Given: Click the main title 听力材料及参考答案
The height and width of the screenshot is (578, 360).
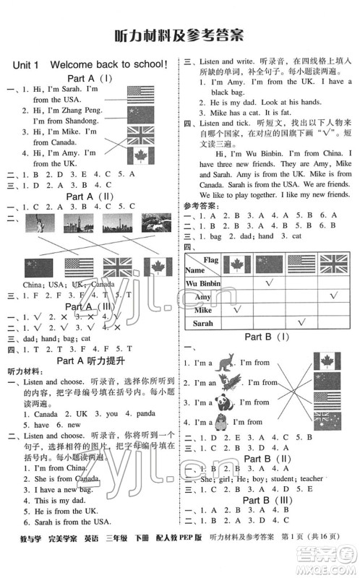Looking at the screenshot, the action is (179, 35).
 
